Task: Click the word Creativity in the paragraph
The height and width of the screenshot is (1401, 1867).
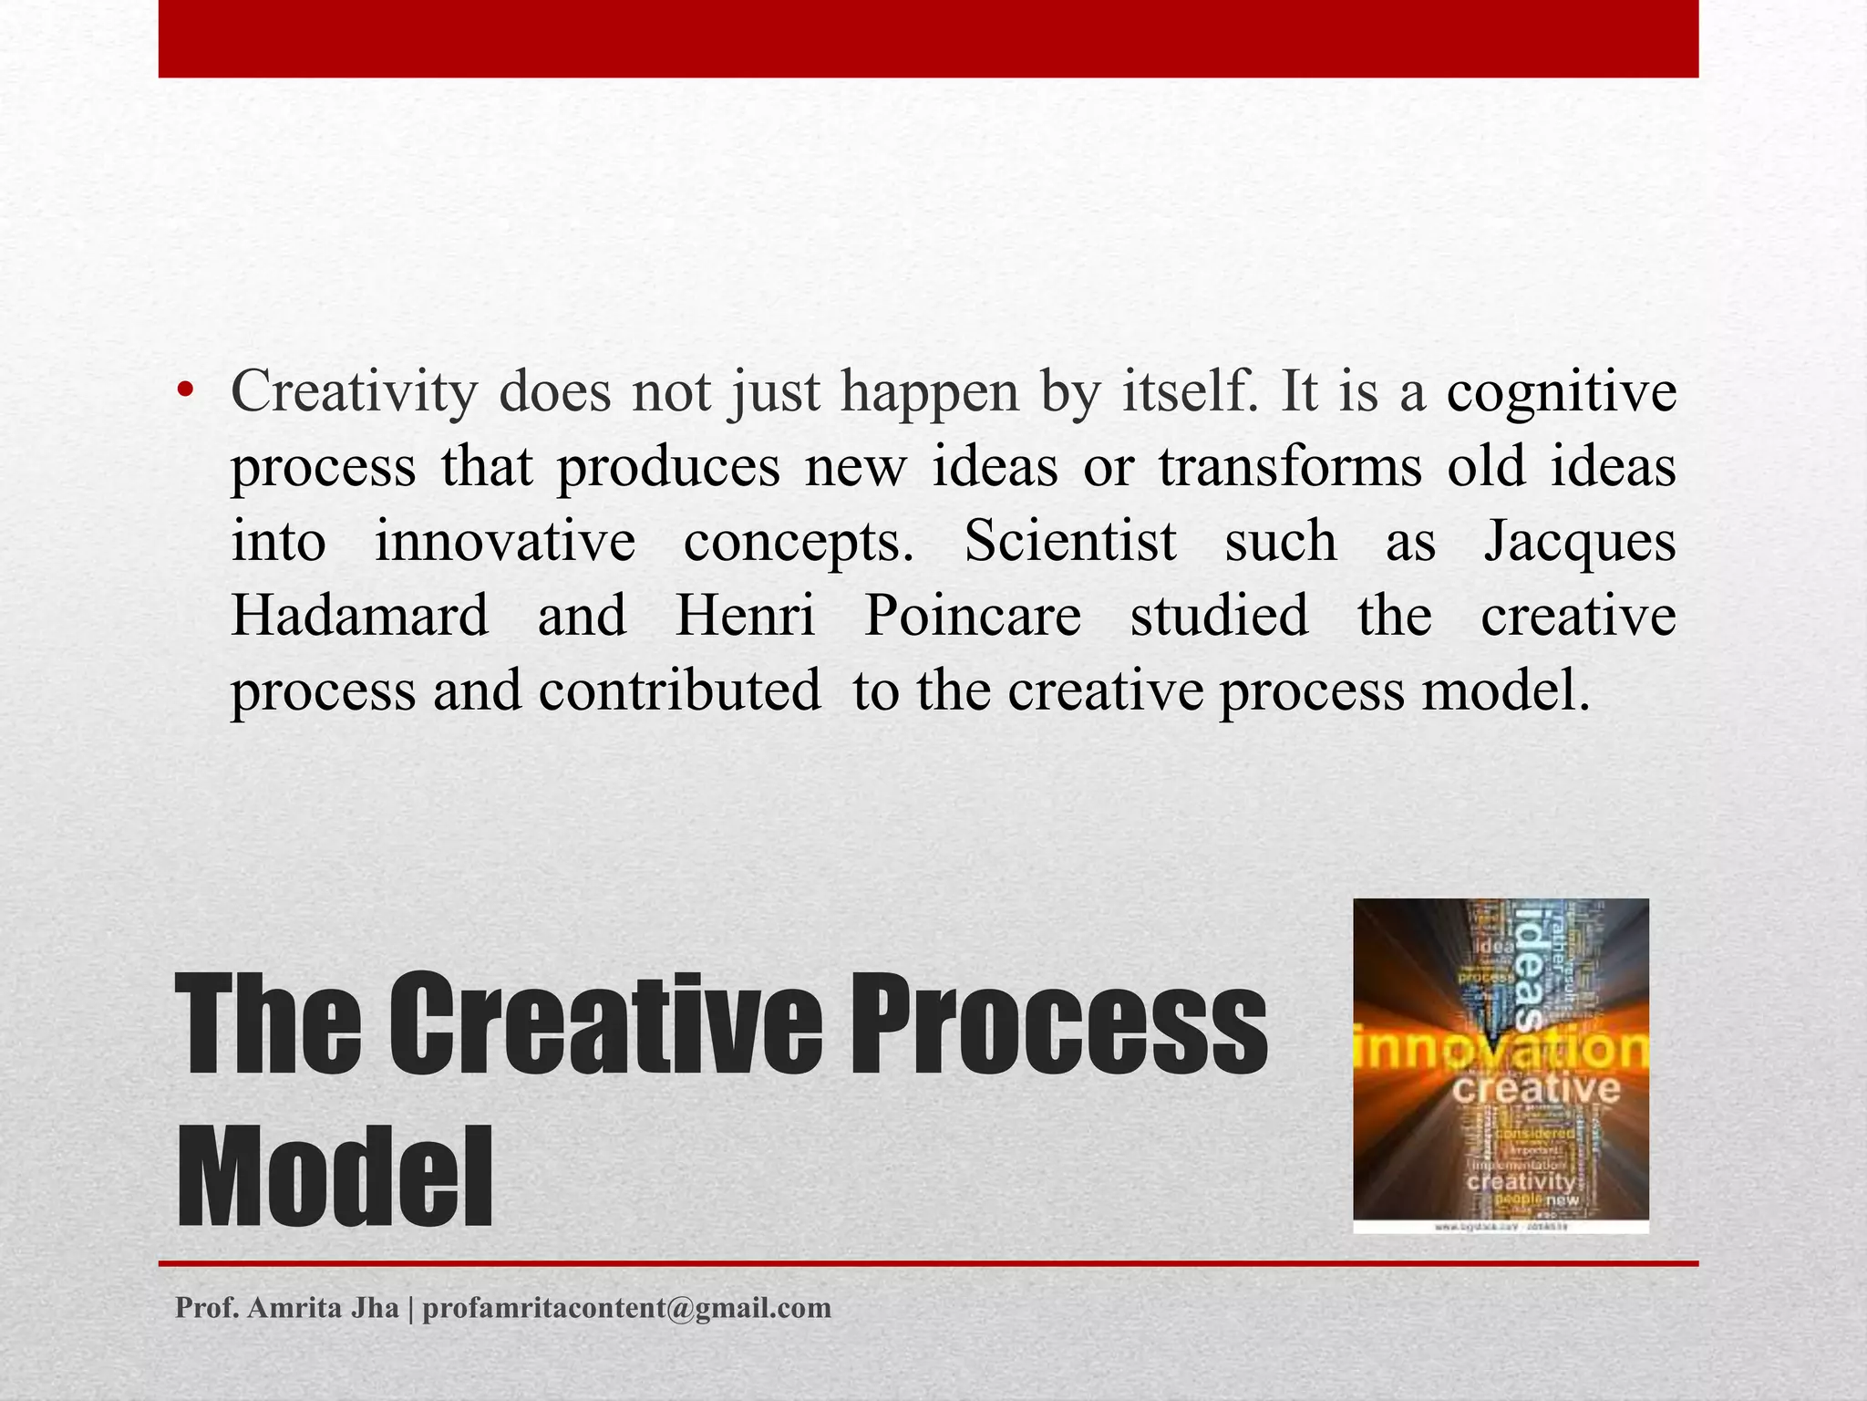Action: pyautogui.click(x=354, y=392)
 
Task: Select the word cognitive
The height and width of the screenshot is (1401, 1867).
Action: pyautogui.click(x=1562, y=392)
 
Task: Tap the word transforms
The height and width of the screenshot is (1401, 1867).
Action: pyautogui.click(x=1290, y=467)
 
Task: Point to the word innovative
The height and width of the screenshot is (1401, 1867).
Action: pyautogui.click(x=505, y=542)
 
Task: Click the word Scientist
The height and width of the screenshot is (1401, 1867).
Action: pyautogui.click(x=1070, y=542)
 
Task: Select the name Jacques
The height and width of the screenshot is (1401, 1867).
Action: pyautogui.click(x=1580, y=542)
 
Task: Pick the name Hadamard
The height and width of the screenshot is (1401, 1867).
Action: pyautogui.click(x=360, y=616)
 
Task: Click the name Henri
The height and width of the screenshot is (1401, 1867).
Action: pyautogui.click(x=745, y=616)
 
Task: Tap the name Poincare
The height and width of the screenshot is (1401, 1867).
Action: pyautogui.click(x=973, y=616)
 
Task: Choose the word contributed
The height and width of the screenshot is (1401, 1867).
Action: pyautogui.click(x=679, y=690)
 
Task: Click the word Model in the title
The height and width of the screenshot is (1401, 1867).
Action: pyautogui.click(x=335, y=1177)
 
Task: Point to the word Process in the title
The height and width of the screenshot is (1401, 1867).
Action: pyautogui.click(x=1058, y=1023)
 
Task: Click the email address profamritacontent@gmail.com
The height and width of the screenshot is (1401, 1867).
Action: pyautogui.click(x=627, y=1308)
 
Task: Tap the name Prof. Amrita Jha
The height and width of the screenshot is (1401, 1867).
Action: pyautogui.click(x=287, y=1308)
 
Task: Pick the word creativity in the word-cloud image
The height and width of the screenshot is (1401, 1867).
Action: pyautogui.click(x=1521, y=1181)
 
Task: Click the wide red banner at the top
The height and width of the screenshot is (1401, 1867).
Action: pyautogui.click(x=928, y=38)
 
